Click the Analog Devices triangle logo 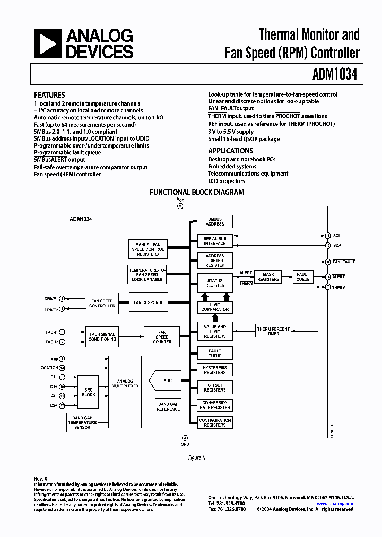(48, 44)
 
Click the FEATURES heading (49, 95)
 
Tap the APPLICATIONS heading (230, 151)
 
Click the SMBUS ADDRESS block (215, 222)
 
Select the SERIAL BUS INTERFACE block (215, 241)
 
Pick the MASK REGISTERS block (268, 276)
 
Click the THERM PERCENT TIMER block (273, 331)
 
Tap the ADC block (167, 380)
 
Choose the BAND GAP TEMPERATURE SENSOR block (82, 422)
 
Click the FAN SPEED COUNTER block (162, 337)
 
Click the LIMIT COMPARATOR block (215, 307)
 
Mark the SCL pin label (336, 235)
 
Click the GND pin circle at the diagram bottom (185, 437)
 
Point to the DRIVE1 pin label (51, 299)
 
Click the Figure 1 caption (196, 457)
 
